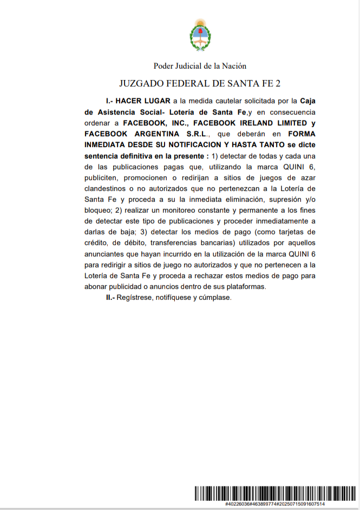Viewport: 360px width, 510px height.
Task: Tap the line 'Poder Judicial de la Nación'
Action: pyautogui.click(x=200, y=66)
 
